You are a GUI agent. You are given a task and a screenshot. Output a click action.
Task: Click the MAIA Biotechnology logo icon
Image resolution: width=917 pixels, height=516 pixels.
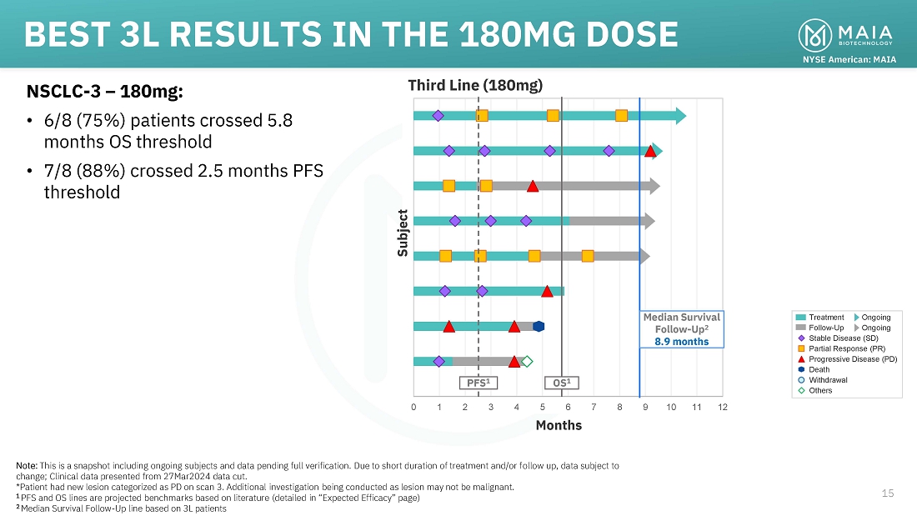click(814, 34)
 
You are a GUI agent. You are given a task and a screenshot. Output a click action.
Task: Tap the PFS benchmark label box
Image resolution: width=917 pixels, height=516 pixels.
click(478, 383)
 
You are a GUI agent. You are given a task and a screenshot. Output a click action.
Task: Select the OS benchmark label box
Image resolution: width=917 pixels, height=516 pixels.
click(562, 383)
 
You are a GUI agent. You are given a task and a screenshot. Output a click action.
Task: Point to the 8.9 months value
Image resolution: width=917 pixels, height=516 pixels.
click(681, 341)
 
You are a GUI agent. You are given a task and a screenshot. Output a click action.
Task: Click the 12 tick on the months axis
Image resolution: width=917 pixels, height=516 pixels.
click(722, 407)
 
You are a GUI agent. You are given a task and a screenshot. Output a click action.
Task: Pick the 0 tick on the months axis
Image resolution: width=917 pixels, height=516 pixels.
click(413, 407)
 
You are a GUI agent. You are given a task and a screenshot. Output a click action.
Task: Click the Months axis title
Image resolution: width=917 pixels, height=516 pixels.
click(559, 425)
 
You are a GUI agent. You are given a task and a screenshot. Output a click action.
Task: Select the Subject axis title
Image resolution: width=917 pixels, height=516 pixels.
click(403, 233)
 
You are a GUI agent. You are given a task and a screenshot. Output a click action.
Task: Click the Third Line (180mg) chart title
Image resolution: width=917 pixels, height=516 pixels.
click(474, 85)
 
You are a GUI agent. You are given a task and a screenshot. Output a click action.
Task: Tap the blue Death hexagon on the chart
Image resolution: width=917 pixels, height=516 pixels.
click(539, 326)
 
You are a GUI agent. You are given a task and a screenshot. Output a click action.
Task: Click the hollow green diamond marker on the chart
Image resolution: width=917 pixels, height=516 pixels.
click(527, 361)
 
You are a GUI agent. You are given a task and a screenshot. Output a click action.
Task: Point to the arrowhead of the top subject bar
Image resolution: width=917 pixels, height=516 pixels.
click(680, 115)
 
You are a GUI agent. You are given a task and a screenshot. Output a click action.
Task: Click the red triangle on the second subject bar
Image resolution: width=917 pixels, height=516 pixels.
click(650, 151)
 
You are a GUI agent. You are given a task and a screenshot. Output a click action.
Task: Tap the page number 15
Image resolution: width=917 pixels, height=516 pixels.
click(888, 493)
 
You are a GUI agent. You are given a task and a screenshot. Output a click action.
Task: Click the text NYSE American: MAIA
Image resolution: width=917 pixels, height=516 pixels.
click(849, 60)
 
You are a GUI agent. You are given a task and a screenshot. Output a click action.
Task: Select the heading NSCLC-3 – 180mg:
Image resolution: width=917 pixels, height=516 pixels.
click(105, 90)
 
